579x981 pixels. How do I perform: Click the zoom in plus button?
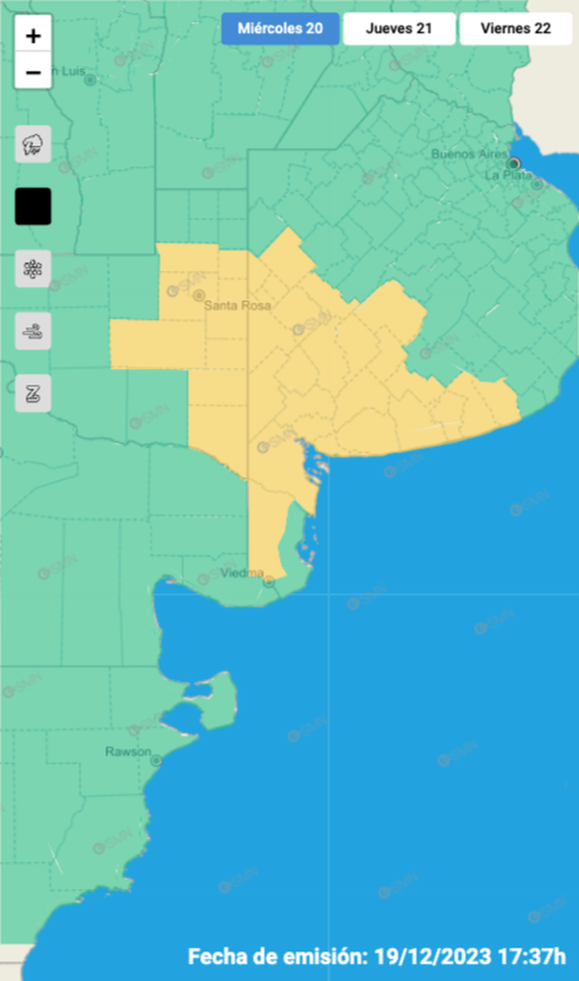pyautogui.click(x=33, y=36)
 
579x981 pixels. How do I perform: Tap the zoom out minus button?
pyautogui.click(x=33, y=72)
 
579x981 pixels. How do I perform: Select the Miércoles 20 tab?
pyautogui.click(x=279, y=28)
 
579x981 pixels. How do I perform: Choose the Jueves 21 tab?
pyautogui.click(x=399, y=28)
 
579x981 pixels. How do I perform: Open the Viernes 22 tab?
pyautogui.click(x=515, y=28)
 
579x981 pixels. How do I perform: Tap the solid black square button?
pyautogui.click(x=33, y=206)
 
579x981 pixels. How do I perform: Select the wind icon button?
pyautogui.click(x=33, y=331)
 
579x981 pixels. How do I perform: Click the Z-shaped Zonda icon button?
pyautogui.click(x=33, y=393)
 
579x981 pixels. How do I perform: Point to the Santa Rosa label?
pyautogui.click(x=237, y=305)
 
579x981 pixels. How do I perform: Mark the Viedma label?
pyautogui.click(x=241, y=573)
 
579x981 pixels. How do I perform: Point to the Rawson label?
pyautogui.click(x=127, y=751)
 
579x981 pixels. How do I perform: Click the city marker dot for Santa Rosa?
pyautogui.click(x=200, y=292)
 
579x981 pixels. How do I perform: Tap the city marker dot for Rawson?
pyautogui.click(x=156, y=759)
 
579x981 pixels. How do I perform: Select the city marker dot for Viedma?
pyautogui.click(x=269, y=582)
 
